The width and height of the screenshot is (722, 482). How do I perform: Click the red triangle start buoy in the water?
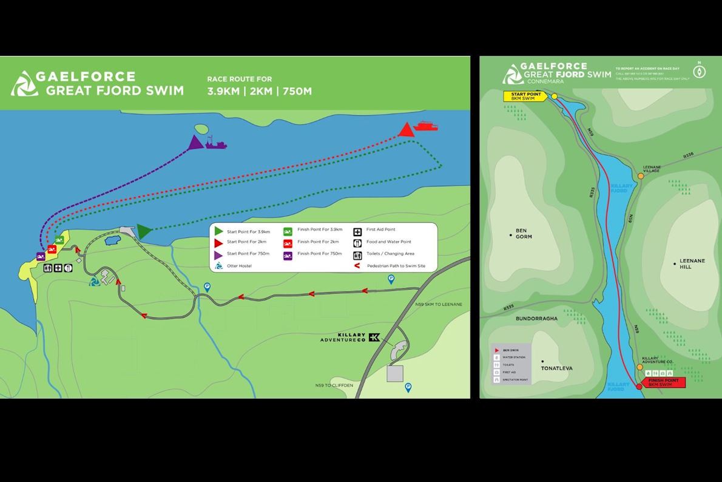(x=406, y=129)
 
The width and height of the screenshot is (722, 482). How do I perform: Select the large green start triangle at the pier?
(x=144, y=231)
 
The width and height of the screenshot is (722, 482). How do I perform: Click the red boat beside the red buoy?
(x=427, y=127)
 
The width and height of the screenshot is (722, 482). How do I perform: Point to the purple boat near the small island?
(x=216, y=144)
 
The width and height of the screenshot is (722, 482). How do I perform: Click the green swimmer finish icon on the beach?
(x=59, y=240)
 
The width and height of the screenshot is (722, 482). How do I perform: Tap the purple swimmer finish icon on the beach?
(x=41, y=257)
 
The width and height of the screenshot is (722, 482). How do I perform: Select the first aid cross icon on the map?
(x=58, y=268)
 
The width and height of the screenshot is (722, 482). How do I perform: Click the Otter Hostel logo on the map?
(x=95, y=282)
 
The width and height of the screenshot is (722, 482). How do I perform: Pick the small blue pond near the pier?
(x=113, y=241)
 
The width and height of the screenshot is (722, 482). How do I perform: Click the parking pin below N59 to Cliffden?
(x=408, y=387)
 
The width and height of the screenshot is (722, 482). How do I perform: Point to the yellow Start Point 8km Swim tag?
(x=525, y=96)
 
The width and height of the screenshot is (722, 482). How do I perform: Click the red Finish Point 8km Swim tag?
(x=663, y=382)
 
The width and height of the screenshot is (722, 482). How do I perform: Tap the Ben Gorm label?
(x=523, y=234)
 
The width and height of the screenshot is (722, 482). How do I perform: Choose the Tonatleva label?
(x=556, y=368)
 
